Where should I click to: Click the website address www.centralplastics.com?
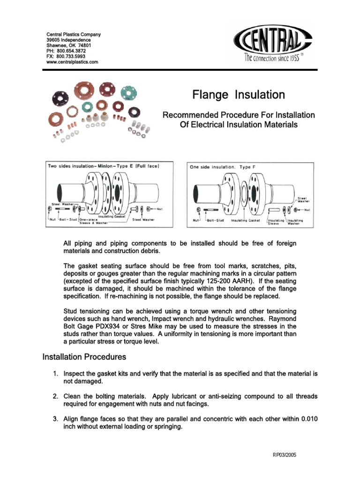point(72,62)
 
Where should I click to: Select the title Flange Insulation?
point(239,95)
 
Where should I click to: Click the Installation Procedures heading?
point(84,357)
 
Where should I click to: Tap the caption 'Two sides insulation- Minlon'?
point(89,166)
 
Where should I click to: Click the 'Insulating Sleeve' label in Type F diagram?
point(276,222)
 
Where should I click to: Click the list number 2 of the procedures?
point(55,397)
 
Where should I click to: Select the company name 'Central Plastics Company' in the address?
point(73,35)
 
